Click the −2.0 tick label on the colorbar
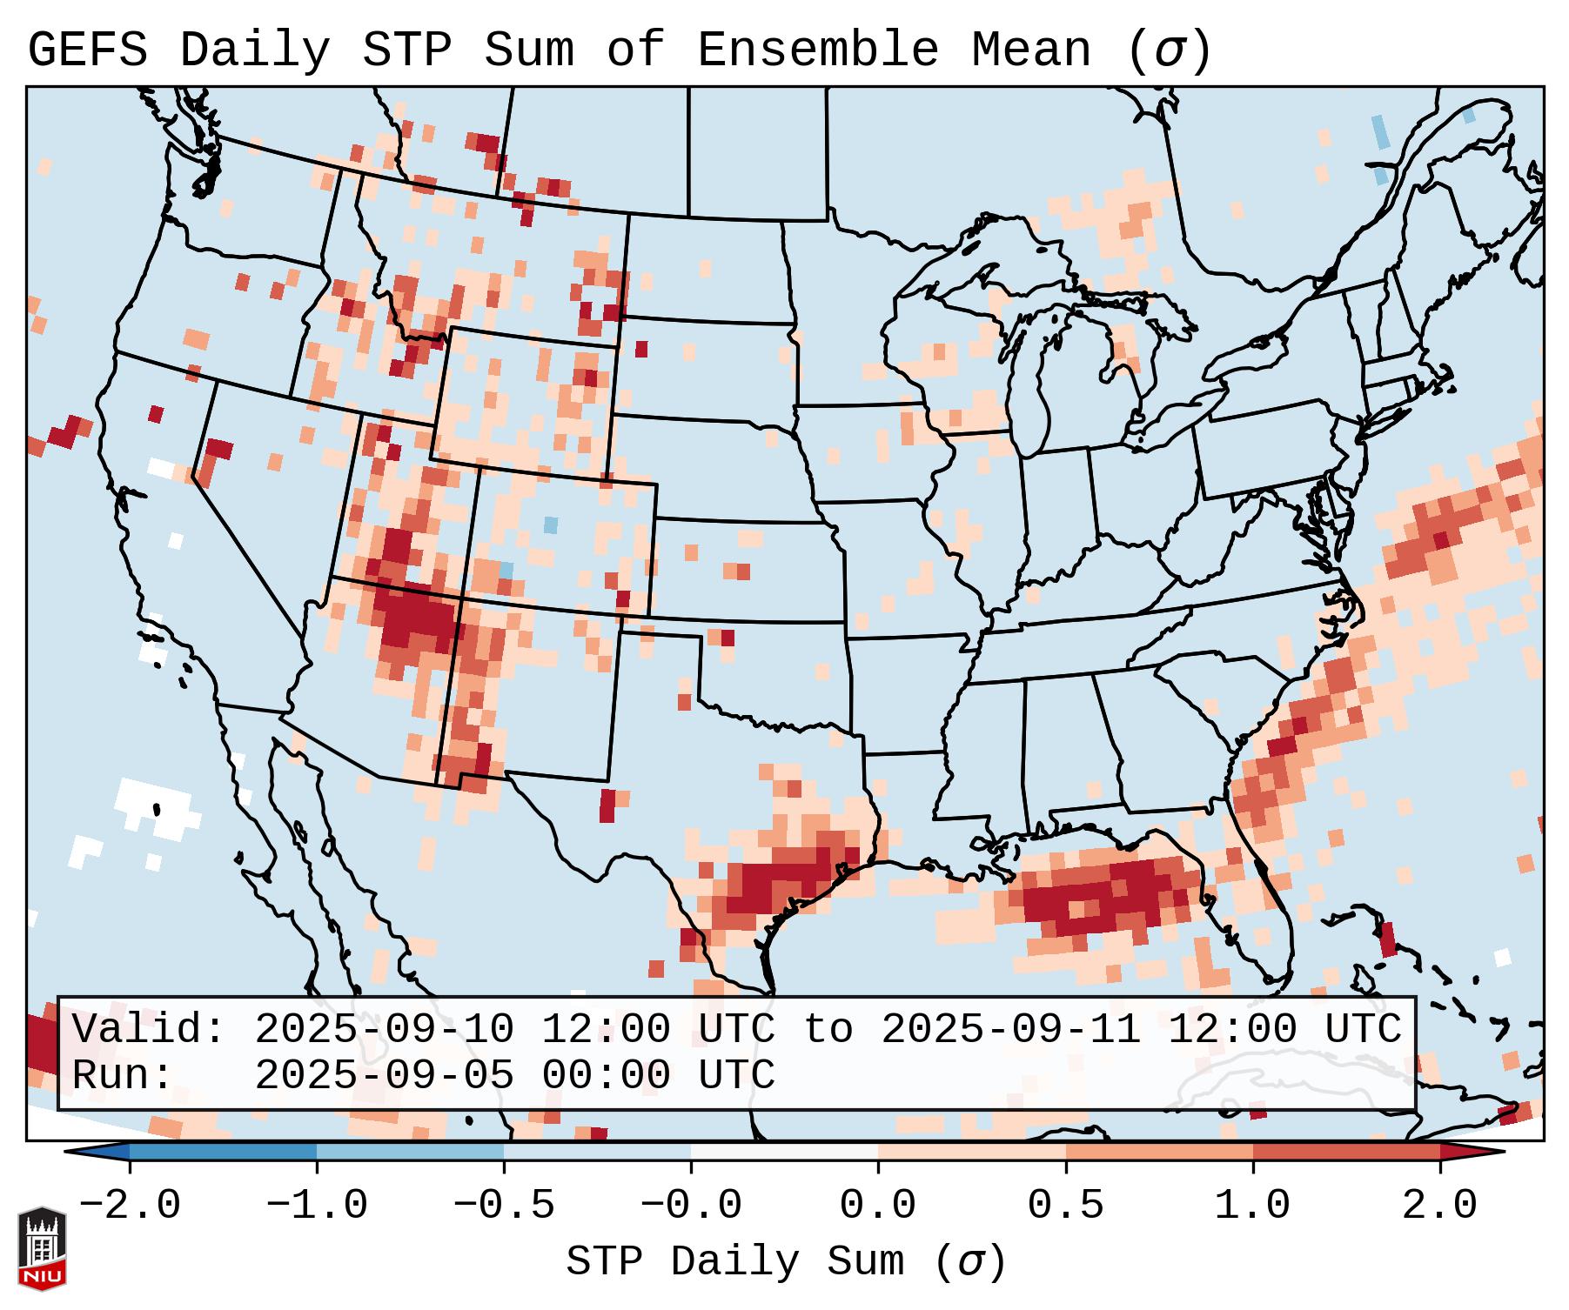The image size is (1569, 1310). click(x=130, y=1206)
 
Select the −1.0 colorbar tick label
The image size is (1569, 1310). click(x=317, y=1206)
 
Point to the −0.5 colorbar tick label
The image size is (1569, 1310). click(x=504, y=1206)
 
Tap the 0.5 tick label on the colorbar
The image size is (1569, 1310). click(x=1066, y=1206)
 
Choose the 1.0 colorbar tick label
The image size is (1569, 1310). click(x=1253, y=1206)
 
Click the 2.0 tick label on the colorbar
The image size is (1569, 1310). click(x=1440, y=1206)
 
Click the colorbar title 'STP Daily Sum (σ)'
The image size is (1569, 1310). click(x=786, y=1262)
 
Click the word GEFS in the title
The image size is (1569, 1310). click(x=87, y=50)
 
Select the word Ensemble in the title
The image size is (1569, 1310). click(x=818, y=50)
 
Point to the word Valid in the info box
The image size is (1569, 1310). click(x=148, y=1030)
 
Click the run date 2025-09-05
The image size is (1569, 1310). click(x=384, y=1076)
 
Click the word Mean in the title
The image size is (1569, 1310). click(x=1031, y=50)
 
